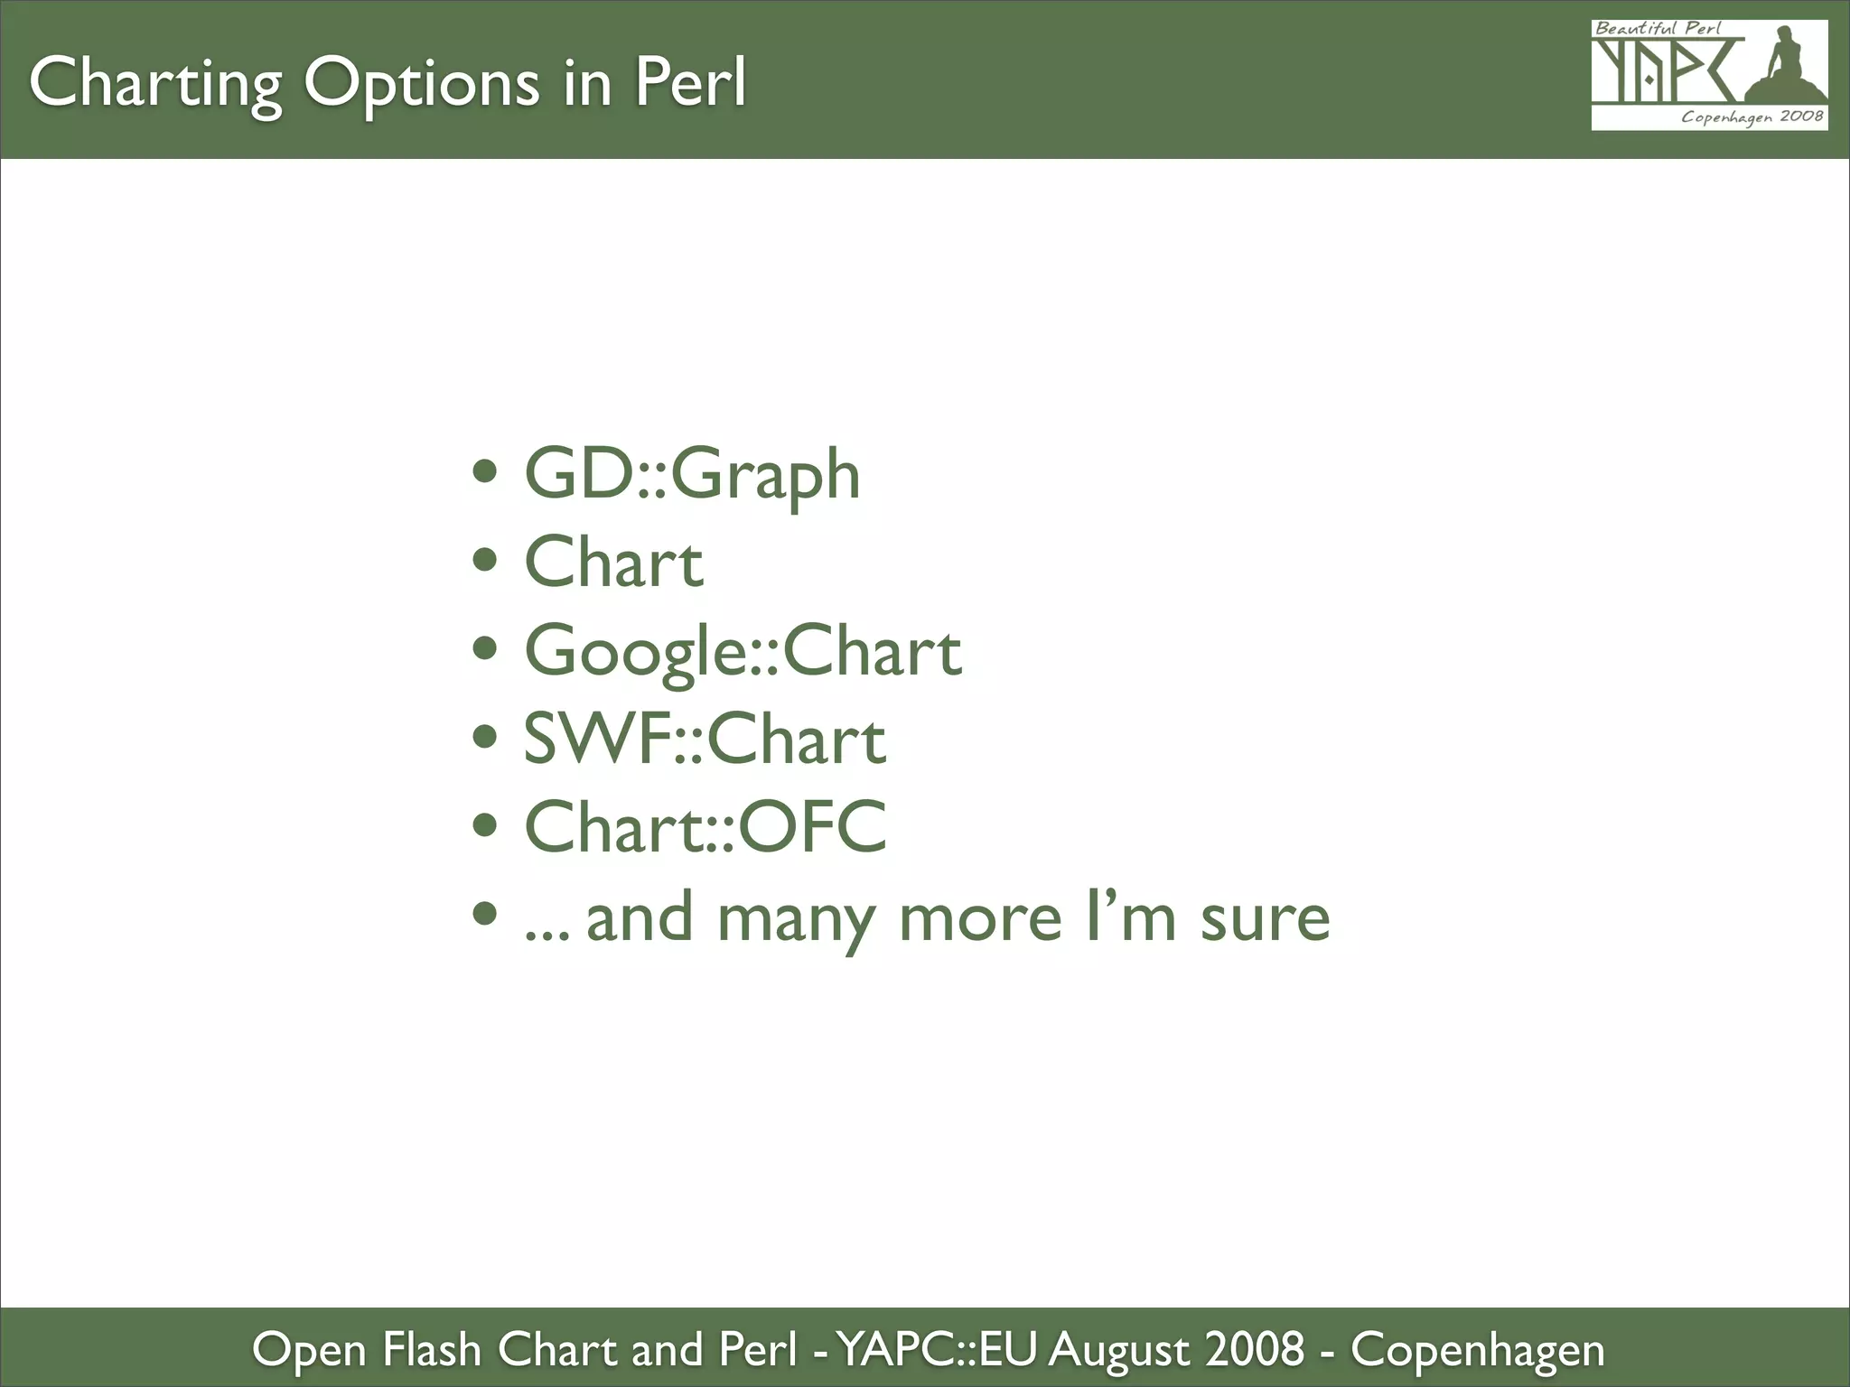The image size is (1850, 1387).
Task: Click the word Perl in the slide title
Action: (x=690, y=83)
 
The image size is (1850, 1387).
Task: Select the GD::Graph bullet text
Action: (x=692, y=475)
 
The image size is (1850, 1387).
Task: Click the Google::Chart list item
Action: (x=743, y=651)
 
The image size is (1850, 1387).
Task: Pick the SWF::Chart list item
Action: (x=705, y=740)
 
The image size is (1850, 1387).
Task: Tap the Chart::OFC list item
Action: (x=705, y=827)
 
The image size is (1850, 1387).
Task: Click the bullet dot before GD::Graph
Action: (x=485, y=471)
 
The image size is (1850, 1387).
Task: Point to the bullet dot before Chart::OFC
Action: (x=485, y=824)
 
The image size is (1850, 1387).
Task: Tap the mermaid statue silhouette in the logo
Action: (x=1784, y=68)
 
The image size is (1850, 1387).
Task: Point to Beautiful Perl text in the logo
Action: (x=1657, y=28)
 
